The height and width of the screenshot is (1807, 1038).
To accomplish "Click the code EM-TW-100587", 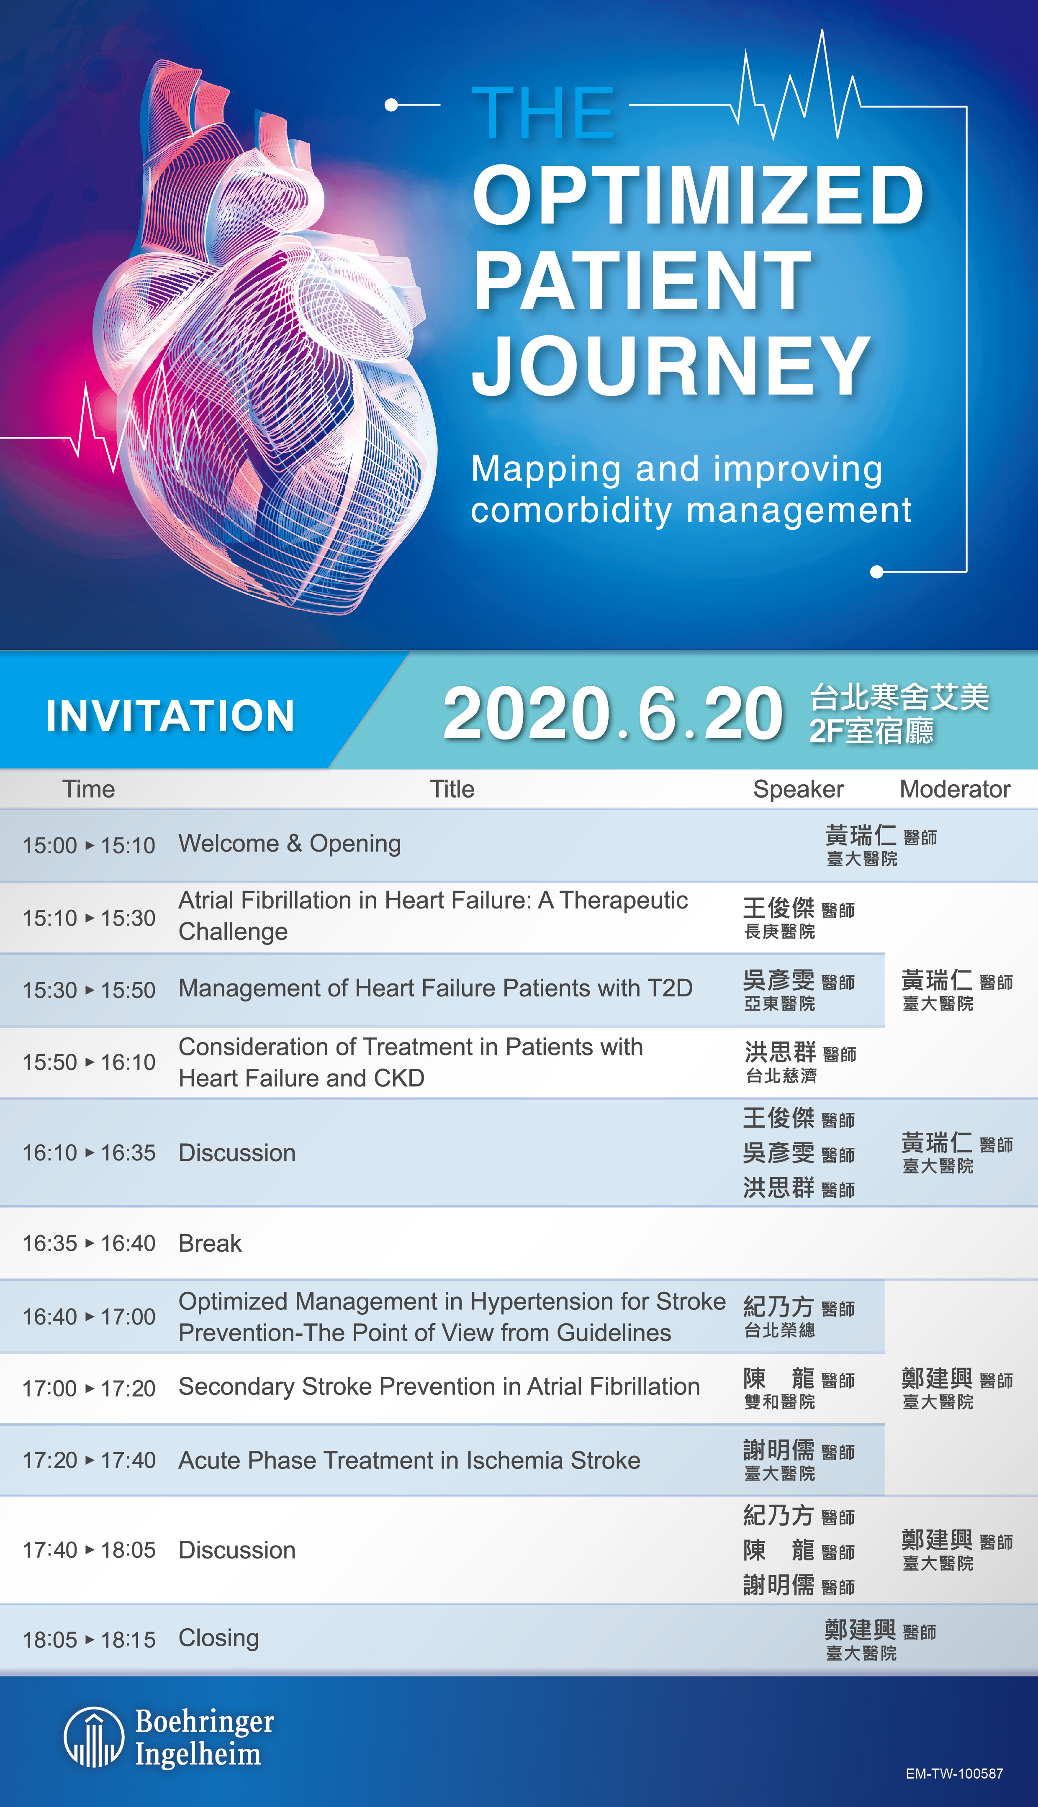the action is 955,1774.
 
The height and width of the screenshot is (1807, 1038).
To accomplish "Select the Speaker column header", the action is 799,789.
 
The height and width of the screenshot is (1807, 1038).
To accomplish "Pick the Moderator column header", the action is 955,789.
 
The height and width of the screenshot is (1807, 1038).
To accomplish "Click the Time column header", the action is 88,789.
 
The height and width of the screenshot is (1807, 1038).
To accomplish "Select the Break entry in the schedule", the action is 210,1243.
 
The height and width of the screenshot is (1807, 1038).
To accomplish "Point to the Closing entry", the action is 219,1638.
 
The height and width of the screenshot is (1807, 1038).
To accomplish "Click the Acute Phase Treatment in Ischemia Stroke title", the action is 409,1460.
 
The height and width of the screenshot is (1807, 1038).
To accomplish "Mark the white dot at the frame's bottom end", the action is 877,572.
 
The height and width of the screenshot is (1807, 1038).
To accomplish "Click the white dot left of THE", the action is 391,105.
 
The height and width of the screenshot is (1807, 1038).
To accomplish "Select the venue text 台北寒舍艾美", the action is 900,697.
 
